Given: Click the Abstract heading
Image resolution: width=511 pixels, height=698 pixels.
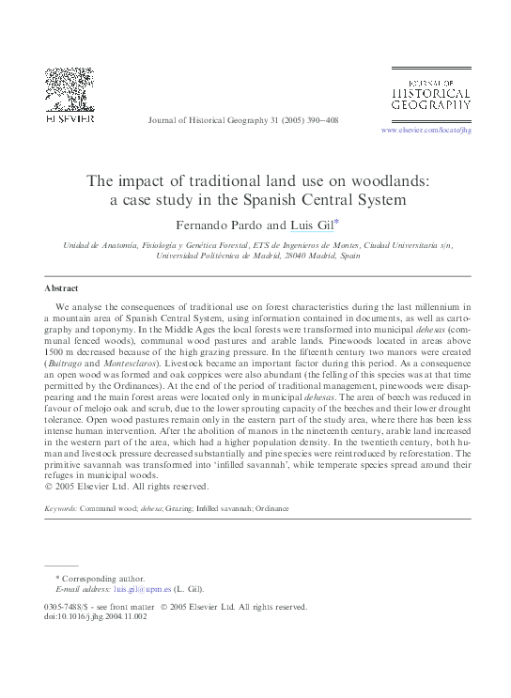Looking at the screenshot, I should (x=62, y=287).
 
